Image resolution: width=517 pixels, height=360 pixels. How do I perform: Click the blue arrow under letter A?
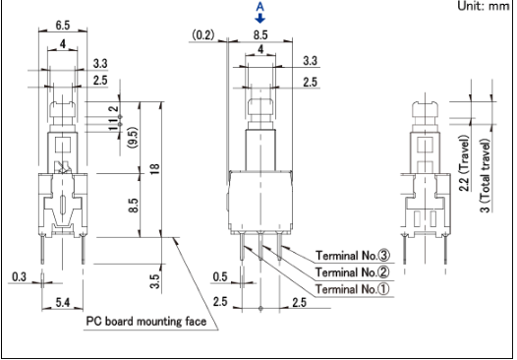pos(260,18)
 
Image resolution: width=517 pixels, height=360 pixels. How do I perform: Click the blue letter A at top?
pos(260,7)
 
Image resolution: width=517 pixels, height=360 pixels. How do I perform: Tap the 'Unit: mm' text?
pos(484,6)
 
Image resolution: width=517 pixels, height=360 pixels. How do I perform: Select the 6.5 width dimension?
pos(63,25)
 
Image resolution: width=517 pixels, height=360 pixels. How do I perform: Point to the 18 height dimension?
pos(154,169)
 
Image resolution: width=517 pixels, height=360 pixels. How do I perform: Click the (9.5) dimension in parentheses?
pos(134,138)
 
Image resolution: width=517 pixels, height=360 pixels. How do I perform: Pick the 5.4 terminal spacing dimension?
pos(63,302)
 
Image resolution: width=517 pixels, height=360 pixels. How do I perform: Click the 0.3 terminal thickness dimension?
pos(19,276)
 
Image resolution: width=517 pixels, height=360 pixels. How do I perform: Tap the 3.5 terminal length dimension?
pos(154,281)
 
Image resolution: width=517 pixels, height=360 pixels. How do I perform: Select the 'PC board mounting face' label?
pos(146,321)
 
